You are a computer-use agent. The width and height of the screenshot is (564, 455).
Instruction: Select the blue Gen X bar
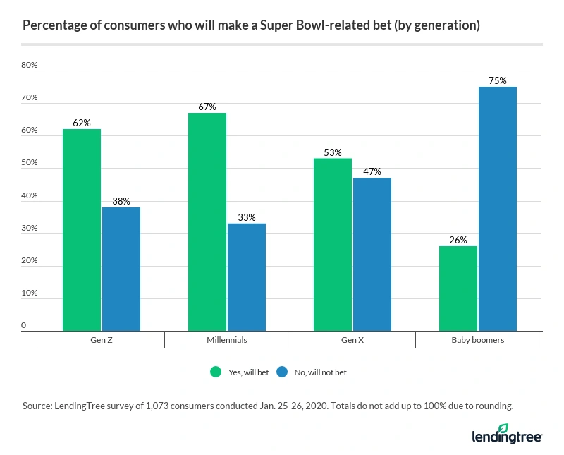372,255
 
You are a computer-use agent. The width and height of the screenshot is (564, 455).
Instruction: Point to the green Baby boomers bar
458,289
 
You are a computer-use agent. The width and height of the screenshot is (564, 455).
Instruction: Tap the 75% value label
498,80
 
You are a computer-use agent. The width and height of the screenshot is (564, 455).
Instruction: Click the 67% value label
207,107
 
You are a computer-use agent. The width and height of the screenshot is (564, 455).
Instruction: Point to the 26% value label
458,240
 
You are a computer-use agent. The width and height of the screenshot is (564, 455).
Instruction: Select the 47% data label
372,171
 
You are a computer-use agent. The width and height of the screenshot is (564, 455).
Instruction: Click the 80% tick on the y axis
30,66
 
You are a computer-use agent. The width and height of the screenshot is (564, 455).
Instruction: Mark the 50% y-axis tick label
30,163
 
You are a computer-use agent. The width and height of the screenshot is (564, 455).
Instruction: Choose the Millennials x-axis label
227,340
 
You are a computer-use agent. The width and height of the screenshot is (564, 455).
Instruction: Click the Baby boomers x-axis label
478,340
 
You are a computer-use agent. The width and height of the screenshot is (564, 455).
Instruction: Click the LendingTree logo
506,434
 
